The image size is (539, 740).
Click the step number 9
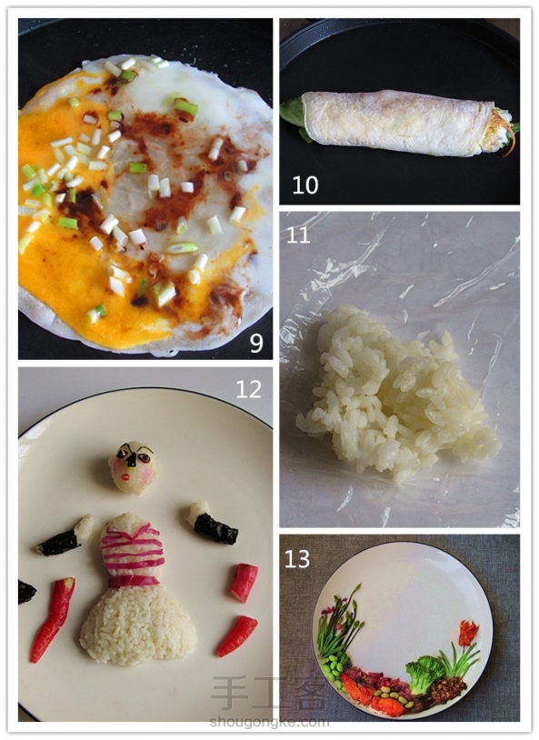pos(256,343)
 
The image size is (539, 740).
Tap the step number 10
pos(305,185)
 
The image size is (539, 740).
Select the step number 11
pos(298,235)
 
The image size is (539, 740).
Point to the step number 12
pos(249,389)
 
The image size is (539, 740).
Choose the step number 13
pos(297,559)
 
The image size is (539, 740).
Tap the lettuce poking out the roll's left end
pos(293,115)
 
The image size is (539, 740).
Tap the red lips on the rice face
pos(125,477)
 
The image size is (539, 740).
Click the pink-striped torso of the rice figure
pos(132,550)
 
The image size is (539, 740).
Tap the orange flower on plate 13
pos(468,633)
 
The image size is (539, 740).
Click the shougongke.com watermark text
pos(269,722)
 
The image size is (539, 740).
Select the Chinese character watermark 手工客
pos(269,694)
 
